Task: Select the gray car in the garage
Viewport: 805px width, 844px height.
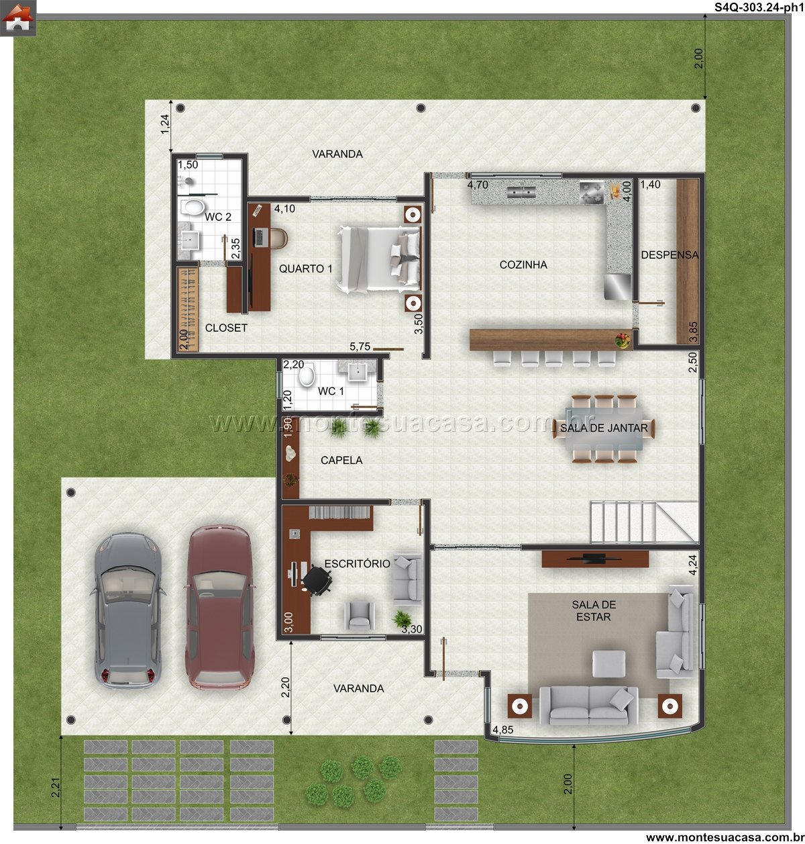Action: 128,610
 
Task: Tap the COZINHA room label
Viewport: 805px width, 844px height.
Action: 523,265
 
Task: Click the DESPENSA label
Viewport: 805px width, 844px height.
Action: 669,255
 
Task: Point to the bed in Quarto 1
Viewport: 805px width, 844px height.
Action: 378,259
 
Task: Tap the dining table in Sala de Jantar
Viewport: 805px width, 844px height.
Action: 604,429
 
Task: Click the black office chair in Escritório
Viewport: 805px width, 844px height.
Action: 317,579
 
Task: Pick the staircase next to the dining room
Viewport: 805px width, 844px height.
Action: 644,522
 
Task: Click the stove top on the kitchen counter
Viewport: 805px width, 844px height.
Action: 592,192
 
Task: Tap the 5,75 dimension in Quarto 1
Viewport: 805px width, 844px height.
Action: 360,346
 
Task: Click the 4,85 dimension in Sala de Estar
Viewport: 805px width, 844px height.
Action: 502,729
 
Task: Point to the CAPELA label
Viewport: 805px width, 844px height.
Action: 341,460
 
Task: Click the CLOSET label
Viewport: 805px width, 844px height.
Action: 225,328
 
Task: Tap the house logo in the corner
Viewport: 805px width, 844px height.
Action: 18,17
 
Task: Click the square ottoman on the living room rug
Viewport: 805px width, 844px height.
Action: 608,663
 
